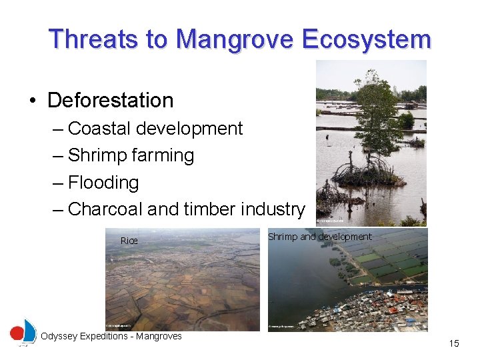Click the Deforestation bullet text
[x=111, y=101]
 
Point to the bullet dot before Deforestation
[x=33, y=101]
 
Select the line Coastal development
[x=155, y=129]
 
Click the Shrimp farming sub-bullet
[x=131, y=155]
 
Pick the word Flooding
[x=103, y=183]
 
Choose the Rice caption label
[x=129, y=241]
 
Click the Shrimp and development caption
[x=319, y=237]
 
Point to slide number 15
[x=454, y=344]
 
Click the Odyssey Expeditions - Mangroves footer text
[x=111, y=337]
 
